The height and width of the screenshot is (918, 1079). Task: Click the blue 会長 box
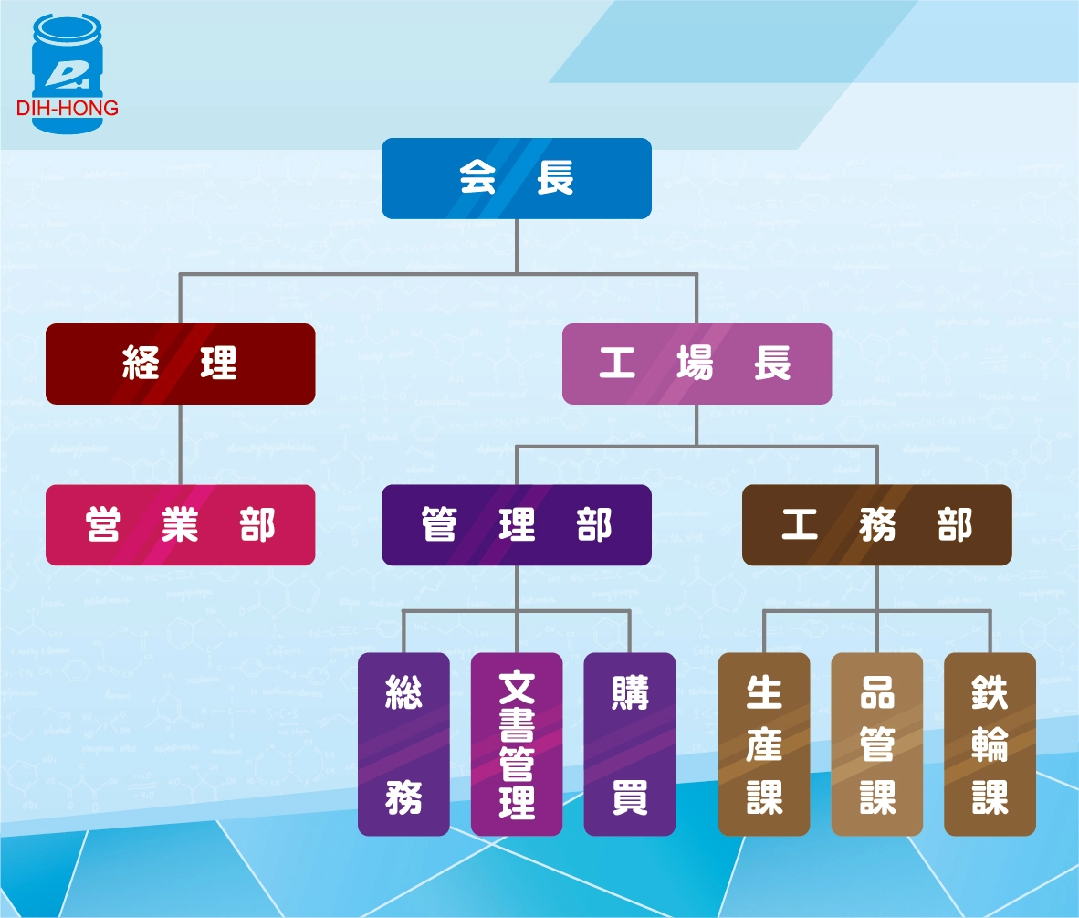[517, 179]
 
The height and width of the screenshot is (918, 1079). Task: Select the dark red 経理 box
[181, 364]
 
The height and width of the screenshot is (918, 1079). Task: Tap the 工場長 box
[697, 364]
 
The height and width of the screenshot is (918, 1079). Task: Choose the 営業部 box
[181, 525]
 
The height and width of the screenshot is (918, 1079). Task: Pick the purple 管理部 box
[517, 525]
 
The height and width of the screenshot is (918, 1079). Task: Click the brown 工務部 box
[876, 525]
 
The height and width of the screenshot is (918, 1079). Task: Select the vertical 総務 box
[403, 744]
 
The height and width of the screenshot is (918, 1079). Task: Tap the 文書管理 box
[517, 744]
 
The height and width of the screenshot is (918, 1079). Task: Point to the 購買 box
[630, 744]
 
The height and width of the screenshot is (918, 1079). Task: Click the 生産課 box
[764, 744]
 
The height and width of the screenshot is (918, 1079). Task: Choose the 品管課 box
[876, 744]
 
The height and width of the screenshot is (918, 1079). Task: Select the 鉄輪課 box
[990, 744]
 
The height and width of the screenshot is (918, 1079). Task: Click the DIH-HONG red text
[68, 109]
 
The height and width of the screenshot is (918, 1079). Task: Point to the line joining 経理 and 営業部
[180, 445]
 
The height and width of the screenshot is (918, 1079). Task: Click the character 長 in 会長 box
[555, 179]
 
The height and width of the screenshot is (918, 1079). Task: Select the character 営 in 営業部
[103, 526]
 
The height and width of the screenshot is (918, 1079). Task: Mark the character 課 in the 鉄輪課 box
[990, 797]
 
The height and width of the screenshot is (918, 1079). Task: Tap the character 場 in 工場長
[696, 364]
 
